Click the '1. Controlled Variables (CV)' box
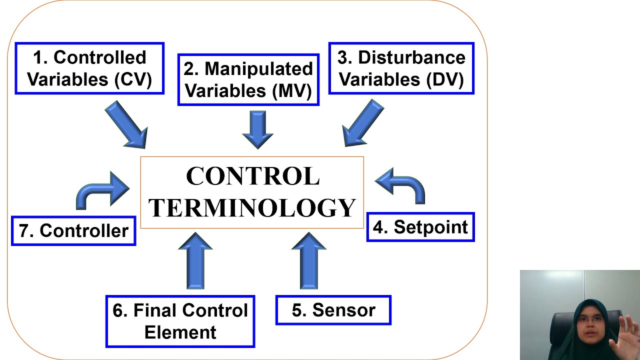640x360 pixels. (x=89, y=68)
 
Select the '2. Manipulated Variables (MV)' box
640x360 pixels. (x=248, y=79)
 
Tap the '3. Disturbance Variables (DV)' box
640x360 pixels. (x=401, y=68)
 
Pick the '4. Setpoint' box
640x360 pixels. (x=420, y=227)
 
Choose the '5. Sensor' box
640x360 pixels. (x=333, y=310)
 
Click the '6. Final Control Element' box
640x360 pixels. (x=180, y=321)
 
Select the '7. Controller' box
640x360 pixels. (x=73, y=230)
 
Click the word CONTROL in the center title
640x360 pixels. (x=252, y=176)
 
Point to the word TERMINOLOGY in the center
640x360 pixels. (x=252, y=208)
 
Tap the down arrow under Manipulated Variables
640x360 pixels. (x=257, y=129)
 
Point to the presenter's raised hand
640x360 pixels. (x=625, y=332)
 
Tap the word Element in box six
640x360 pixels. (x=180, y=332)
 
